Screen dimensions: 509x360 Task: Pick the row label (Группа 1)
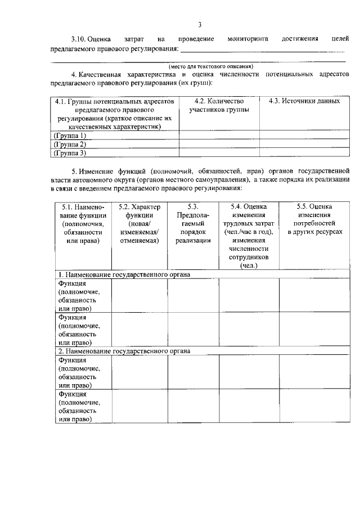70,136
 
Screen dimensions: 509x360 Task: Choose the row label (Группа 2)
70,144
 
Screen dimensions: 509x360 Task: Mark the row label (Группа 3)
70,152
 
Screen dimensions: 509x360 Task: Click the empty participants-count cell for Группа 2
219,144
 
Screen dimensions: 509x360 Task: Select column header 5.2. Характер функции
139,224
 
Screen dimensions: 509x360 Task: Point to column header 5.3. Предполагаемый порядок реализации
193,224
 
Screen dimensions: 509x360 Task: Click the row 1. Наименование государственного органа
124,274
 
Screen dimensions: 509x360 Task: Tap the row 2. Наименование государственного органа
124,351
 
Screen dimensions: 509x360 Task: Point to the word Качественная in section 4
103,74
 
